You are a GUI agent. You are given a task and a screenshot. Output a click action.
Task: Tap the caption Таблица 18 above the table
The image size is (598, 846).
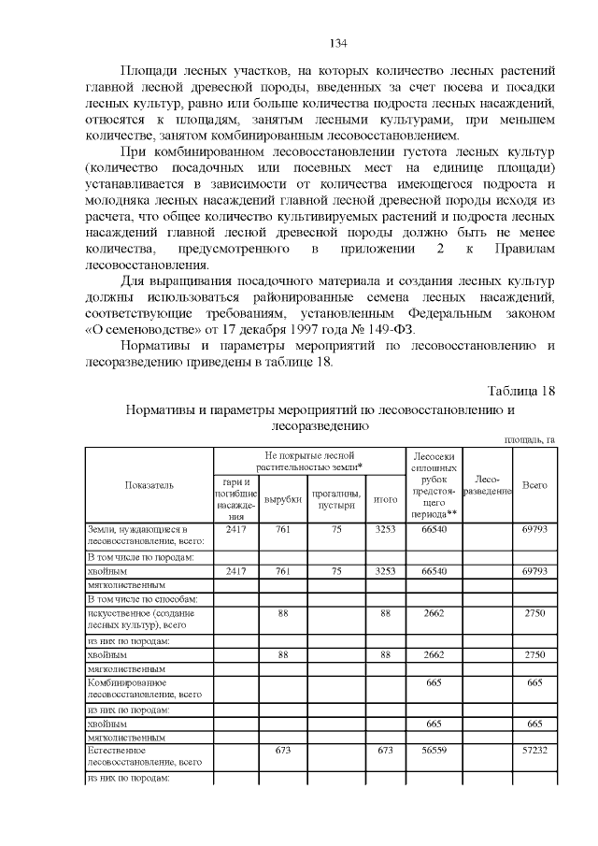tap(522, 391)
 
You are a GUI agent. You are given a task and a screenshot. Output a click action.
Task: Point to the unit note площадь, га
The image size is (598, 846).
tap(530, 439)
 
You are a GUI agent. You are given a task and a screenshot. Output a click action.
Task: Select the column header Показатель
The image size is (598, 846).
tap(149, 485)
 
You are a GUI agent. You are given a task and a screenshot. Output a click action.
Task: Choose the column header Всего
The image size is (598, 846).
tap(534, 485)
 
